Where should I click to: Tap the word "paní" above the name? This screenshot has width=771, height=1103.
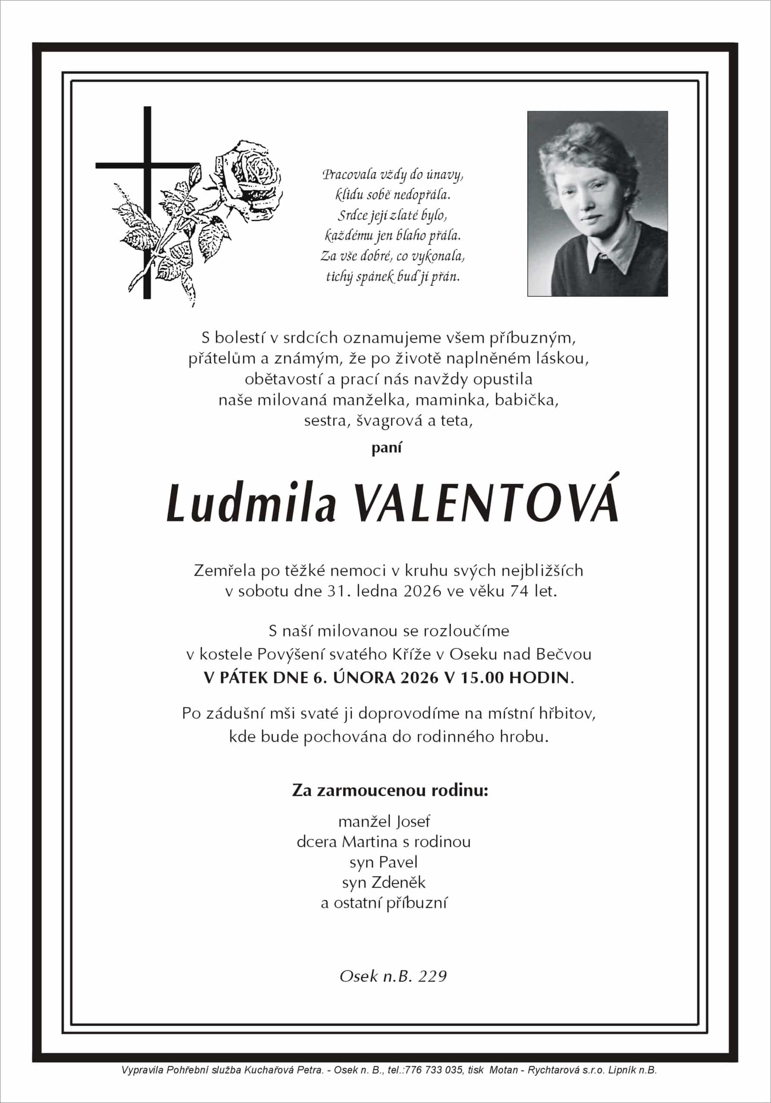point(386,448)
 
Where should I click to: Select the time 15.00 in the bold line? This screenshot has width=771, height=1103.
point(482,677)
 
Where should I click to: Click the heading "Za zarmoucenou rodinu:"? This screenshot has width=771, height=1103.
point(390,790)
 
